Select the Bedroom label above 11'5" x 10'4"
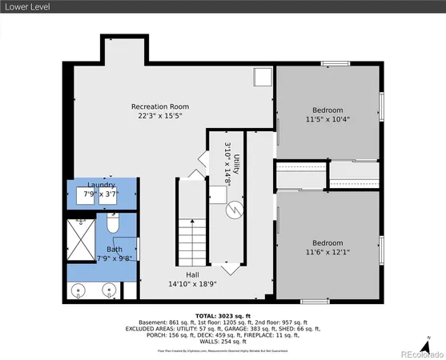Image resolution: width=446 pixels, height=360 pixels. pos(327,110)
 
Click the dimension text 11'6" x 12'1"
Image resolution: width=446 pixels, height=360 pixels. pos(327,253)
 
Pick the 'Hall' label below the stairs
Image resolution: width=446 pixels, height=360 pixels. pos(191,273)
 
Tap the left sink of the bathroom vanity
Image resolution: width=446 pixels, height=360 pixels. pos(78,290)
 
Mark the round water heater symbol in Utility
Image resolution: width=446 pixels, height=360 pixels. pos(234,210)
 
